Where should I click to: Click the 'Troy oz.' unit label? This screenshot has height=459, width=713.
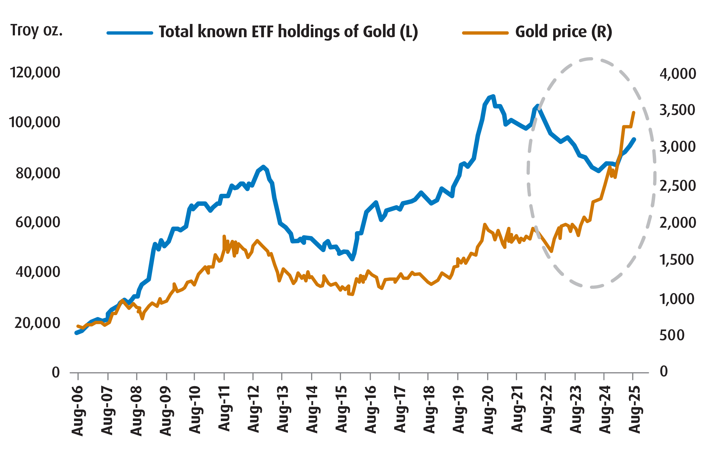[36, 30]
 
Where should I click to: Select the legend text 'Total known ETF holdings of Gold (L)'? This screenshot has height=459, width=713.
[288, 32]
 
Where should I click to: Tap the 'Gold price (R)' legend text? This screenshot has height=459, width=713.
[564, 32]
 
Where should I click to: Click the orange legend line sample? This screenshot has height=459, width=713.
[485, 33]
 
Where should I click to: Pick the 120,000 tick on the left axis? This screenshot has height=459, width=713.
[35, 72]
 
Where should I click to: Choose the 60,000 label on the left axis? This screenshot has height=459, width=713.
[38, 222]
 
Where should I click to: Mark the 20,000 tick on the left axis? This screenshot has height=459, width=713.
[37, 323]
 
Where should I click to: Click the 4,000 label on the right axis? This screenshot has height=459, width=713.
[678, 74]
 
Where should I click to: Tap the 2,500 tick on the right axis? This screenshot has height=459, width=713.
[678, 186]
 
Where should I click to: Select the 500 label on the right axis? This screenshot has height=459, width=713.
[672, 335]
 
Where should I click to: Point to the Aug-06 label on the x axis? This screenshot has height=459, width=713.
[78, 411]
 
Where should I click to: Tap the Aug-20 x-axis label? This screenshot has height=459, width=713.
[488, 410]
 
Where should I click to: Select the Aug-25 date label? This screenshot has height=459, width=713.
[634, 410]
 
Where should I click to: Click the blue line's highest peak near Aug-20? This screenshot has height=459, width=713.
[494, 96]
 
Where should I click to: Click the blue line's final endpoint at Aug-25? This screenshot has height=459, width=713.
[634, 139]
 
